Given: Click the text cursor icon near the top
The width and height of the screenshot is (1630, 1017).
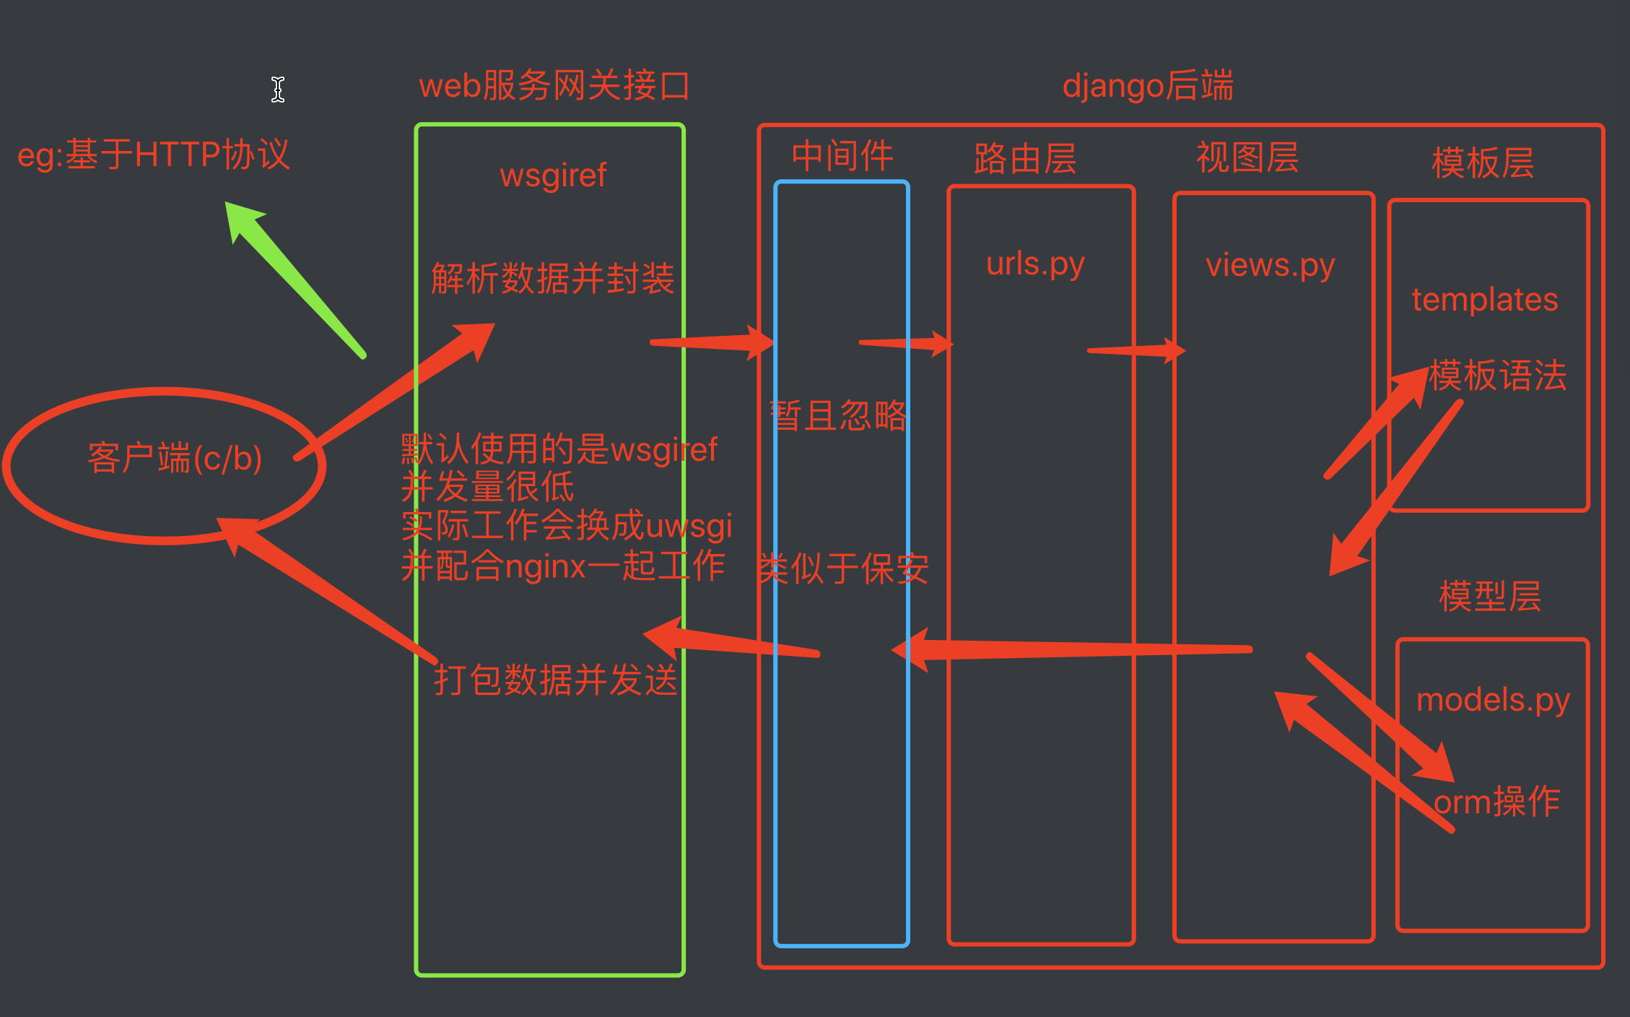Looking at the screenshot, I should pyautogui.click(x=278, y=90).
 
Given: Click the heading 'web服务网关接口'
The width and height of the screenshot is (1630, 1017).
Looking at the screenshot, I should pyautogui.click(x=554, y=86).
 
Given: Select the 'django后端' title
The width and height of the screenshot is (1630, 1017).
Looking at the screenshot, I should pyautogui.click(x=1148, y=86).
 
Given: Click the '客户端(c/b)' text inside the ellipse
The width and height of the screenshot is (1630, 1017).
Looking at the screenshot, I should pyautogui.click(x=175, y=459).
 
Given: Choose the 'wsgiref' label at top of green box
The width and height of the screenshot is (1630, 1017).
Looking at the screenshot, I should pyautogui.click(x=553, y=176).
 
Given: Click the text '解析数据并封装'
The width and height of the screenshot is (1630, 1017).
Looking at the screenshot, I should pyautogui.click(x=552, y=279).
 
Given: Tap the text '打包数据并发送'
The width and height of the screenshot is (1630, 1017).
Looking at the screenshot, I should pyautogui.click(x=555, y=680).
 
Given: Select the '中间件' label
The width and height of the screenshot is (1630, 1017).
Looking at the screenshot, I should pyautogui.click(x=842, y=156).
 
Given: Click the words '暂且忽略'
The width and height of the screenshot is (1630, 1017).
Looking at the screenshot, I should pyautogui.click(x=839, y=416).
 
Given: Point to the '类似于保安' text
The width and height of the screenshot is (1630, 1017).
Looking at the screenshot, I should pyautogui.click(x=842, y=569).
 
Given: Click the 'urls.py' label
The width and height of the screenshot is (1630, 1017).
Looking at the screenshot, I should pyautogui.click(x=1035, y=264).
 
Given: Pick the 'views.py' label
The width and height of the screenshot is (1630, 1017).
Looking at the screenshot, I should pyautogui.click(x=1271, y=266).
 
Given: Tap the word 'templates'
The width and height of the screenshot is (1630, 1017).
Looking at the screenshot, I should pyautogui.click(x=1485, y=300).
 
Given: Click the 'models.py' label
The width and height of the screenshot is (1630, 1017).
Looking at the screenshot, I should pyautogui.click(x=1493, y=700).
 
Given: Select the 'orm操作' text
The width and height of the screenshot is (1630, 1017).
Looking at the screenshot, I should pyautogui.click(x=1497, y=802).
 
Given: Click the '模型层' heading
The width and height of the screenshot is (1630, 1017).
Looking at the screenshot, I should pyautogui.click(x=1490, y=597).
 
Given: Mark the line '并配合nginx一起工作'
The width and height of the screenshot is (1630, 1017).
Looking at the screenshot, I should pyautogui.click(x=563, y=566).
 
